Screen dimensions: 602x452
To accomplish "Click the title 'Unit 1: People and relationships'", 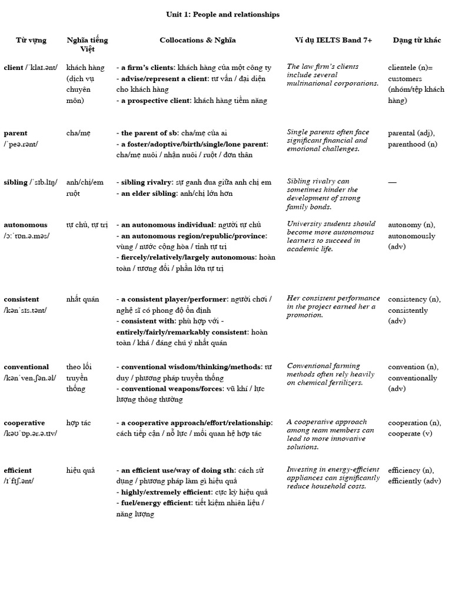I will [222, 14].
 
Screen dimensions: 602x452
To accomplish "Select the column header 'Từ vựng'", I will [31, 40].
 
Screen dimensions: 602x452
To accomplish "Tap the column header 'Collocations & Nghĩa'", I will [197, 40].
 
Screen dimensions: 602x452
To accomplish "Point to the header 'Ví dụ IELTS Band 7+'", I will [333, 40].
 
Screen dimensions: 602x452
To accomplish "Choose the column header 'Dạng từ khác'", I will [415, 40].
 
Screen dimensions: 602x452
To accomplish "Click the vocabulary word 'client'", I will [14, 68].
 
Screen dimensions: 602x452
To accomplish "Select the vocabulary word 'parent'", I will [15, 133].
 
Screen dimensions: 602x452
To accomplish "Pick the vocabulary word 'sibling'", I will [15, 182].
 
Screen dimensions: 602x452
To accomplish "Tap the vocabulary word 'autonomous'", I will [25, 225].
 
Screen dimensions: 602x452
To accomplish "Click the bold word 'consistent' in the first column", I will [21, 299].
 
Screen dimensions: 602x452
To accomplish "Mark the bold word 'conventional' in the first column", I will [26, 367].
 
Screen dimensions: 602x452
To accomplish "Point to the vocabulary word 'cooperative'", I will [24, 423].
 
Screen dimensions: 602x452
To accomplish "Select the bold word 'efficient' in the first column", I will [17, 470].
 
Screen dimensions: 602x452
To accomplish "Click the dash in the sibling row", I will [392, 182].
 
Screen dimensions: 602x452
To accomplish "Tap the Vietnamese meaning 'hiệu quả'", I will [81, 470].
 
